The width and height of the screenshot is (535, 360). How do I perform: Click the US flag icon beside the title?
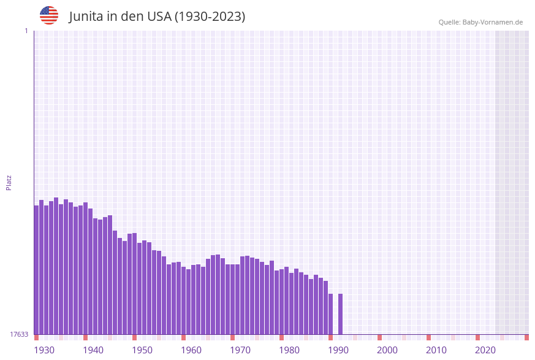pyautogui.click(x=49, y=15)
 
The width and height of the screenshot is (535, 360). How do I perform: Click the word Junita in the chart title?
pyautogui.click(x=86, y=17)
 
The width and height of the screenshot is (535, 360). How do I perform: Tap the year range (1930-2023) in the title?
pyautogui.click(x=210, y=17)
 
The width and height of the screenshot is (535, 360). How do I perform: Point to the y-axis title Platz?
pyautogui.click(x=9, y=182)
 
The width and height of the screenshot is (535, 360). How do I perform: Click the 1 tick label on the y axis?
pyautogui.click(x=26, y=31)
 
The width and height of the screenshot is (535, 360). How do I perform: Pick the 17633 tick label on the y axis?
pyautogui.click(x=19, y=334)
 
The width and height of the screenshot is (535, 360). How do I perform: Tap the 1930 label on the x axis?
pyautogui.click(x=44, y=350)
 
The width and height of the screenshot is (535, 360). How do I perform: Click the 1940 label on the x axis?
pyautogui.click(x=93, y=350)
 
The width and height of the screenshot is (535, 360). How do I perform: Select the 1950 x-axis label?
pyautogui.click(x=142, y=350)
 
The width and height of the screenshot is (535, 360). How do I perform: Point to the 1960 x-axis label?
pyautogui.click(x=191, y=350)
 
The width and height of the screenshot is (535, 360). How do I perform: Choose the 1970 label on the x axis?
pyautogui.click(x=240, y=350)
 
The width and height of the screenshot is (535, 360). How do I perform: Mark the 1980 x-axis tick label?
pyautogui.click(x=289, y=350)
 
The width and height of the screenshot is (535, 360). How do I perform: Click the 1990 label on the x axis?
pyautogui.click(x=338, y=350)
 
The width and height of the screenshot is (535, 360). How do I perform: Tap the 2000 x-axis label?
pyautogui.click(x=387, y=350)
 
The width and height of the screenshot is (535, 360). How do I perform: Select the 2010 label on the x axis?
pyautogui.click(x=436, y=350)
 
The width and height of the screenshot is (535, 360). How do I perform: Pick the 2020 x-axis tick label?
pyautogui.click(x=485, y=350)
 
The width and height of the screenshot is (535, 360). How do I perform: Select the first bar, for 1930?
pyautogui.click(x=36, y=270)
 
